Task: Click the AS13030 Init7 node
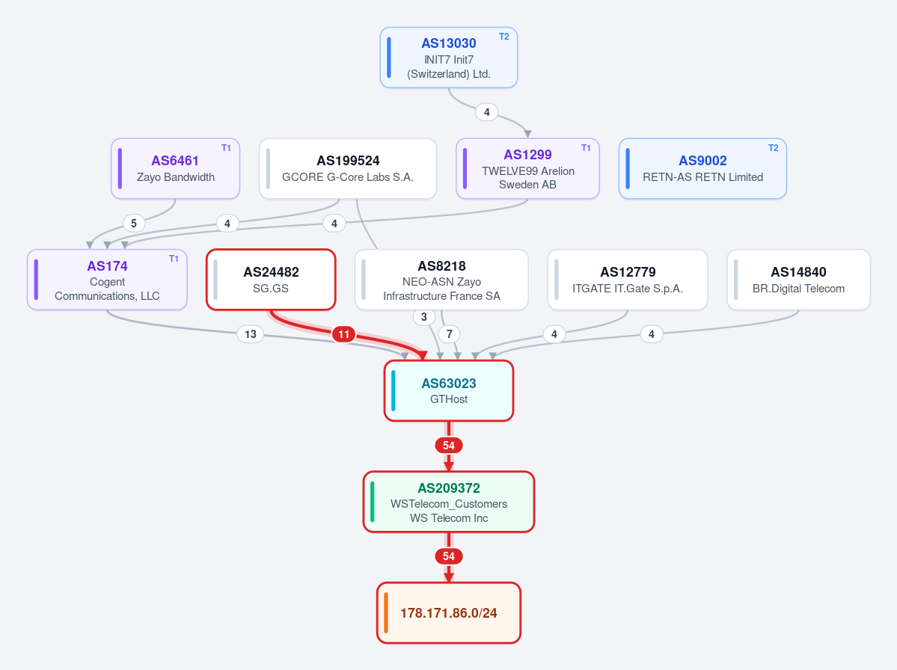pyautogui.click(x=449, y=58)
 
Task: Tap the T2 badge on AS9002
pyautogui.click(x=773, y=148)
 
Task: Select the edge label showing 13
pyautogui.click(x=251, y=334)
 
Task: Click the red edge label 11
pyautogui.click(x=344, y=334)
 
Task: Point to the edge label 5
pyautogui.click(x=134, y=223)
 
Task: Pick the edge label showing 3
pyautogui.click(x=424, y=317)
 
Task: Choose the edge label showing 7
pyautogui.click(x=450, y=334)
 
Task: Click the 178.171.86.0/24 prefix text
pyautogui.click(x=449, y=613)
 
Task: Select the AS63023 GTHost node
pyautogui.click(x=449, y=391)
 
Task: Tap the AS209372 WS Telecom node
pyautogui.click(x=449, y=502)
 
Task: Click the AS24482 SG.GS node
pyautogui.click(x=271, y=280)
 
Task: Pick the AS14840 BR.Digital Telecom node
pyautogui.click(x=798, y=280)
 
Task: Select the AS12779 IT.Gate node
pyautogui.click(x=628, y=280)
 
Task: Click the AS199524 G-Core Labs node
pyautogui.click(x=348, y=169)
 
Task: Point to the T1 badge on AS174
pyautogui.click(x=174, y=259)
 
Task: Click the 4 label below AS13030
pyautogui.click(x=487, y=112)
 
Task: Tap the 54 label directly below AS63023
pyautogui.click(x=449, y=446)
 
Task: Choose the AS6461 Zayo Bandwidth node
pyautogui.click(x=175, y=169)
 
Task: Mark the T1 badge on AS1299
pyautogui.click(x=586, y=148)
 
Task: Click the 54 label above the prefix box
pyautogui.click(x=449, y=556)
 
